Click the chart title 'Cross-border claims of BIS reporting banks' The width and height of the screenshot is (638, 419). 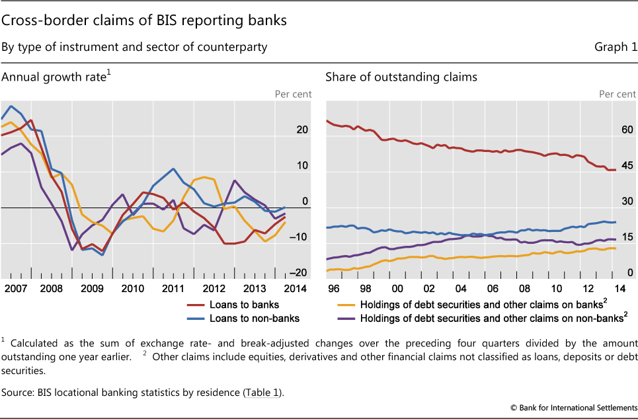pyautogui.click(x=144, y=20)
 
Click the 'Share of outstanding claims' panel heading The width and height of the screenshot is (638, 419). pyautogui.click(x=401, y=77)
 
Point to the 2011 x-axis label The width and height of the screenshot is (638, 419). pyautogui.click(x=173, y=289)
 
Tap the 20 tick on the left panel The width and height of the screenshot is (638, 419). pyautogui.click(x=302, y=130)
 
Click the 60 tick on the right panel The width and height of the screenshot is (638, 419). pyautogui.click(x=627, y=130)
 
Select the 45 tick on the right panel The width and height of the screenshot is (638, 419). pyautogui.click(x=627, y=166)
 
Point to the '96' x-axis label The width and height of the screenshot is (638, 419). pyautogui.click(x=333, y=289)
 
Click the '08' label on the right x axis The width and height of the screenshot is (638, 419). pyautogui.click(x=524, y=289)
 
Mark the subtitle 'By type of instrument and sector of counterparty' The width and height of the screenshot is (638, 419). pyautogui.click(x=134, y=47)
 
